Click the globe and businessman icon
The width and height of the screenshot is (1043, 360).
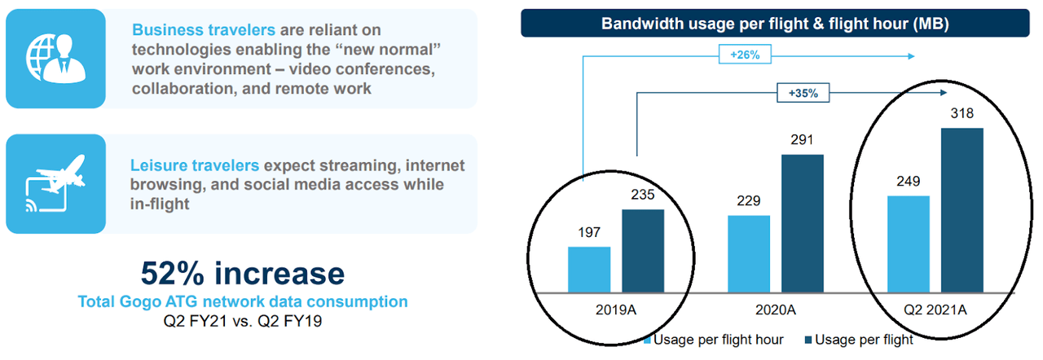coord(55,58)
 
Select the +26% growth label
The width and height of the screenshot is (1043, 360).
coord(745,56)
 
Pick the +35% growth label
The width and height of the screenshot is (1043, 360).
coord(803,94)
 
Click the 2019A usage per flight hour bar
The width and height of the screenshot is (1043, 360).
coord(588,270)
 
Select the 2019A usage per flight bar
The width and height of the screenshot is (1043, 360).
coord(643,251)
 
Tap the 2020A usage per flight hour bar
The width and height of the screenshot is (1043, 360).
coord(749,253)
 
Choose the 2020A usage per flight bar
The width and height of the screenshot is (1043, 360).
coord(803,223)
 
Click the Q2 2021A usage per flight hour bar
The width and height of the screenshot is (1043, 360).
coord(909,244)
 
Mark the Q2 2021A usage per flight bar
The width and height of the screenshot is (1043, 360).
coord(962,210)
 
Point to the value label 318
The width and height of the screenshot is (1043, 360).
coord(962,114)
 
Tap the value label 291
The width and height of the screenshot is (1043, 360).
coord(803,141)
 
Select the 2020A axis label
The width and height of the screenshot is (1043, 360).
coord(775,311)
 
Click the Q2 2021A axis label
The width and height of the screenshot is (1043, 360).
coord(935,311)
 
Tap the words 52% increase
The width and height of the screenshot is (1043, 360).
coord(242,273)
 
